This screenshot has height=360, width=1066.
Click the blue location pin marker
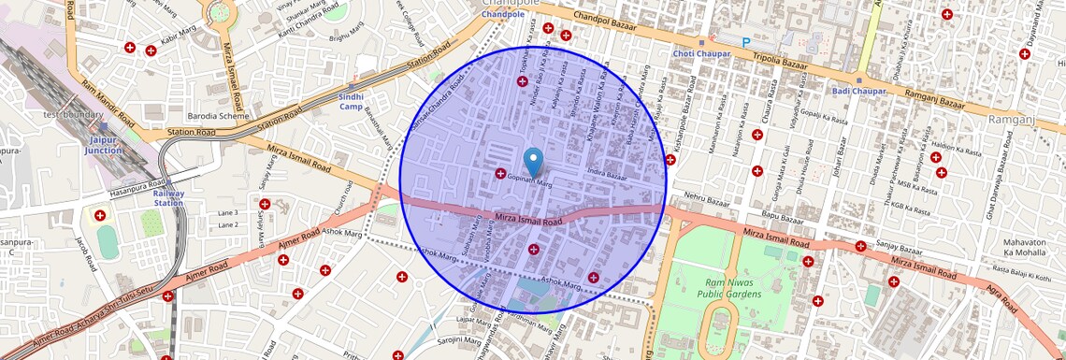(533, 162)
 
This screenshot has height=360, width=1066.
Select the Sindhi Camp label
(352, 102)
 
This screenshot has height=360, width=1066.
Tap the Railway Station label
(168, 198)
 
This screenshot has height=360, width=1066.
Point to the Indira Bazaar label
(604, 175)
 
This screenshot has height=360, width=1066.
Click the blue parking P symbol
(745, 42)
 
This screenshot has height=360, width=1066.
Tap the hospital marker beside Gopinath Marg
(500, 174)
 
